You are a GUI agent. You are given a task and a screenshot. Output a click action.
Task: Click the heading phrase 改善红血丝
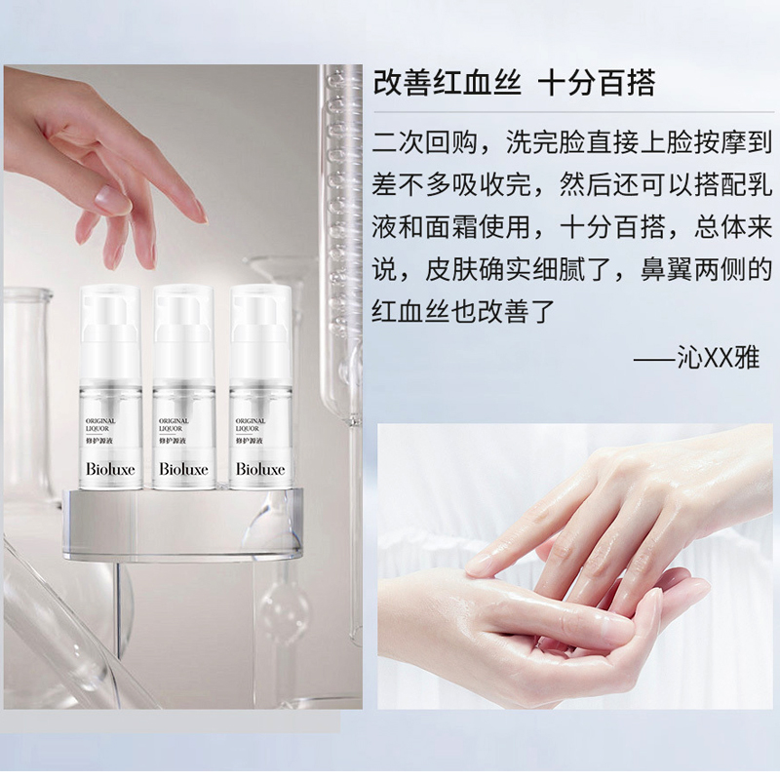pos(448,82)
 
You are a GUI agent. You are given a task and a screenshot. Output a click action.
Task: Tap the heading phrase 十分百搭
pos(597,82)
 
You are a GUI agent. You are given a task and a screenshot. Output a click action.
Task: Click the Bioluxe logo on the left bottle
pos(110,469)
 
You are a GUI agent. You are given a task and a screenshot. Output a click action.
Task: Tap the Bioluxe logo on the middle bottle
pos(183,469)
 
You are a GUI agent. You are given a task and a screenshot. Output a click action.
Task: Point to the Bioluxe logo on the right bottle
pos(260,469)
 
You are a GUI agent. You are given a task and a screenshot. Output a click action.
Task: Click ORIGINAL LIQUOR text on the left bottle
pos(100,424)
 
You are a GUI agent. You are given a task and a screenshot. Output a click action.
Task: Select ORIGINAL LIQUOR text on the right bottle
pos(251,424)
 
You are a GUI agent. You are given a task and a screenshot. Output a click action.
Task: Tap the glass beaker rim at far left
pos(27,294)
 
